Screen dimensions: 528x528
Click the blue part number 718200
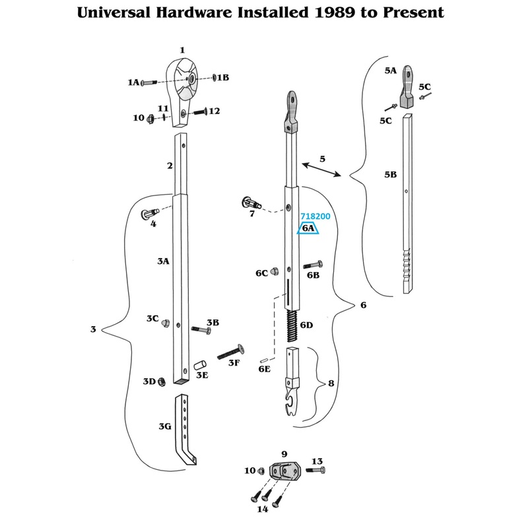315,216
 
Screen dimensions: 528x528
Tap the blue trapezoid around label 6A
308,228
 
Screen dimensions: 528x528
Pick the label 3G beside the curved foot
165,426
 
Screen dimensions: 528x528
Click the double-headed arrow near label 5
319,169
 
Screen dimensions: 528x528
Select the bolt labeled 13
313,471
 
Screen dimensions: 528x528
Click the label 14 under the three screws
262,508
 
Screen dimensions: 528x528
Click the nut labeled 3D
161,381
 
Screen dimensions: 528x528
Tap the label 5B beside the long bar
390,175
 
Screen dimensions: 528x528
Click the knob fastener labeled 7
250,201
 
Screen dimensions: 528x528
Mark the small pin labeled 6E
265,360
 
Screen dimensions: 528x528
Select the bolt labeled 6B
312,266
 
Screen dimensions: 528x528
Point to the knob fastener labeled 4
149,214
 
